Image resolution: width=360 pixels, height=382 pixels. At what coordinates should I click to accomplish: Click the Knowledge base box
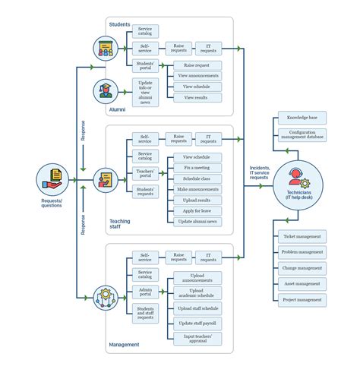pos(302,118)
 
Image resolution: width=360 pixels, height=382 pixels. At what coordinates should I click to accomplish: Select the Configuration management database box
pos(302,136)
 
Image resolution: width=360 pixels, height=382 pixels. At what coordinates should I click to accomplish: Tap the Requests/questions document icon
pos(52,180)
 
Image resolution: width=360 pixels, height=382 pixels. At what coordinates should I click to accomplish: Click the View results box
pos(197,98)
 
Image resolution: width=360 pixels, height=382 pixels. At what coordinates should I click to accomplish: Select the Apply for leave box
pos(197,210)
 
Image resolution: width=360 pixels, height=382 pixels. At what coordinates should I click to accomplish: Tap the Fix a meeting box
pos(197,167)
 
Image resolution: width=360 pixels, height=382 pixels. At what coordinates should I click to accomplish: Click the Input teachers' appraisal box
pos(197,339)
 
